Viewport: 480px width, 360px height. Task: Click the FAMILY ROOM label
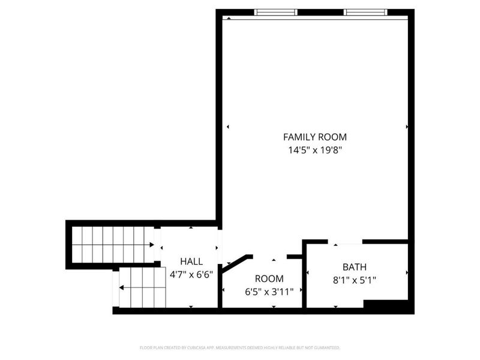point(314,137)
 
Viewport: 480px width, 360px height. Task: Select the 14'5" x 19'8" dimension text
point(314,151)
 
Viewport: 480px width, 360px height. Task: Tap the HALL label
point(191,262)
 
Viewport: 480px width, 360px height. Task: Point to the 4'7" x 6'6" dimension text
point(191,275)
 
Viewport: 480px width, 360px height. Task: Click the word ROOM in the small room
point(269,278)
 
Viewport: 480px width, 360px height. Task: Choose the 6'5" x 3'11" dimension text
point(269,292)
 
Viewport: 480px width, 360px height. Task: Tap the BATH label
point(354,267)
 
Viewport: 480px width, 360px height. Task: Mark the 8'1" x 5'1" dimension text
point(354,280)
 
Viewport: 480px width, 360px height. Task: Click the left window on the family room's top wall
point(276,11)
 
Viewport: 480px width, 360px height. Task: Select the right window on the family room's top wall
point(365,11)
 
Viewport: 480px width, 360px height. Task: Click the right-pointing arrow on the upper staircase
point(151,245)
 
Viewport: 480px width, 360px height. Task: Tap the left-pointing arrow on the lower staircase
point(122,288)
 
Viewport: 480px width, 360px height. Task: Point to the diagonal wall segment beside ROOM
point(236,263)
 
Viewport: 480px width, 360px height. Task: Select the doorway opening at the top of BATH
point(345,242)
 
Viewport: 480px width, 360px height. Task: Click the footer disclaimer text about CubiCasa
point(240,347)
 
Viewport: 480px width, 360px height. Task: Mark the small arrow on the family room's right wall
point(407,127)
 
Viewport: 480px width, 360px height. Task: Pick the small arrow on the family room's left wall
point(227,127)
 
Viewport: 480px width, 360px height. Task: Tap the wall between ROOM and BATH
point(304,276)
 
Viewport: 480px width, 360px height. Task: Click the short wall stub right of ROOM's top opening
point(294,257)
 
